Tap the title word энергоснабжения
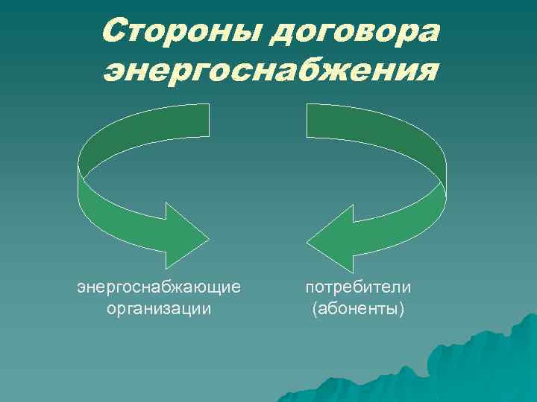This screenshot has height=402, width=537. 269,71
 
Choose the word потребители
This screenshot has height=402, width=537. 358,286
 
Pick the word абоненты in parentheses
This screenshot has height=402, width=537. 358,307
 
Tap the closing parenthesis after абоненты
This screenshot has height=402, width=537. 402,307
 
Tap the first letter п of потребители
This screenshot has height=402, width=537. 310,287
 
